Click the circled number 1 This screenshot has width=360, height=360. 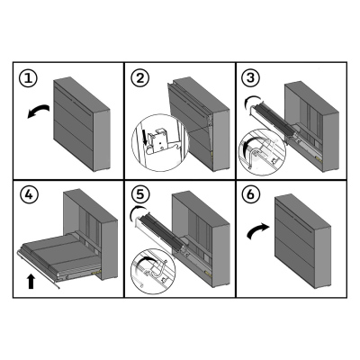(28, 78)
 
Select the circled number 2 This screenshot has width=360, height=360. (139, 78)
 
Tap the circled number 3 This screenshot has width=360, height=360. (251, 78)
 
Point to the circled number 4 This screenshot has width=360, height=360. (29, 195)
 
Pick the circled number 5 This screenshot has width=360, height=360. (140, 194)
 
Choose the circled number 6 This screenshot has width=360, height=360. (251, 194)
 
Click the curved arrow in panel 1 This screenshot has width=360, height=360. (38, 111)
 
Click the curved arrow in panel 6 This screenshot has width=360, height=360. (258, 231)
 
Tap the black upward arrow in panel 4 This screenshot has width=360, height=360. (31, 281)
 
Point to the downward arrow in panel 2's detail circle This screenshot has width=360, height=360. (147, 138)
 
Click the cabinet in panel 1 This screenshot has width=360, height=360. (82, 124)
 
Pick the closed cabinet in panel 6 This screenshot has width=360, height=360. (302, 241)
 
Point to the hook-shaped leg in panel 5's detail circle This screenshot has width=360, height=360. (159, 268)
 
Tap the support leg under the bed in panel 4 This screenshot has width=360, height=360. (39, 271)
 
